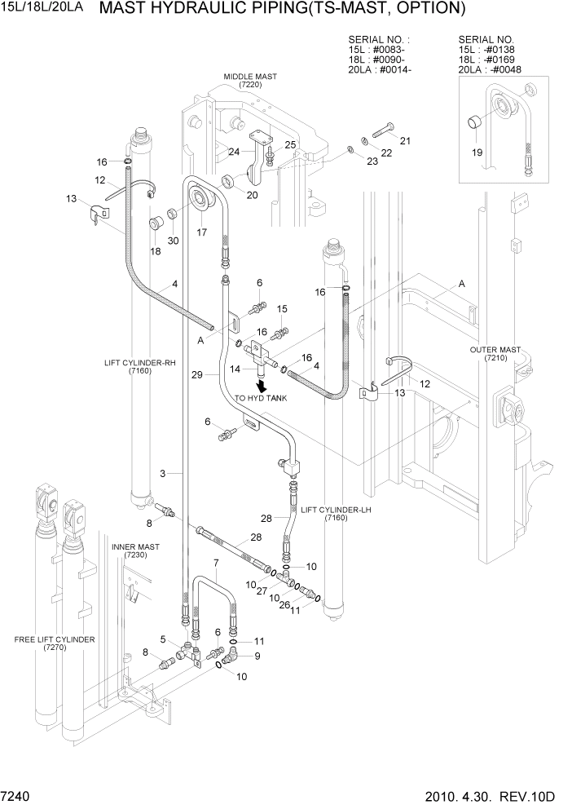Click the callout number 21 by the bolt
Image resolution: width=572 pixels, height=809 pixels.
[404, 140]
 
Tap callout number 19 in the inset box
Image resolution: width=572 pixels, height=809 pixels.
[476, 151]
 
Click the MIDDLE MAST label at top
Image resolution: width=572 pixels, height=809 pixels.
[251, 81]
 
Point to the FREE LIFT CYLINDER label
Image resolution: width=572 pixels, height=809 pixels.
[54, 643]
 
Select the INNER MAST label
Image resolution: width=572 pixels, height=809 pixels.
[135, 550]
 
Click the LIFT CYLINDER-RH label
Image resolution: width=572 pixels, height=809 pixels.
[140, 368]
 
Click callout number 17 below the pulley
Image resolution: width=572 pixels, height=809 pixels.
[200, 232]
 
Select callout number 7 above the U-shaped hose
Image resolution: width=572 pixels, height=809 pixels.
[216, 564]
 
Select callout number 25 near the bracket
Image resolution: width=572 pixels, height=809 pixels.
[289, 144]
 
